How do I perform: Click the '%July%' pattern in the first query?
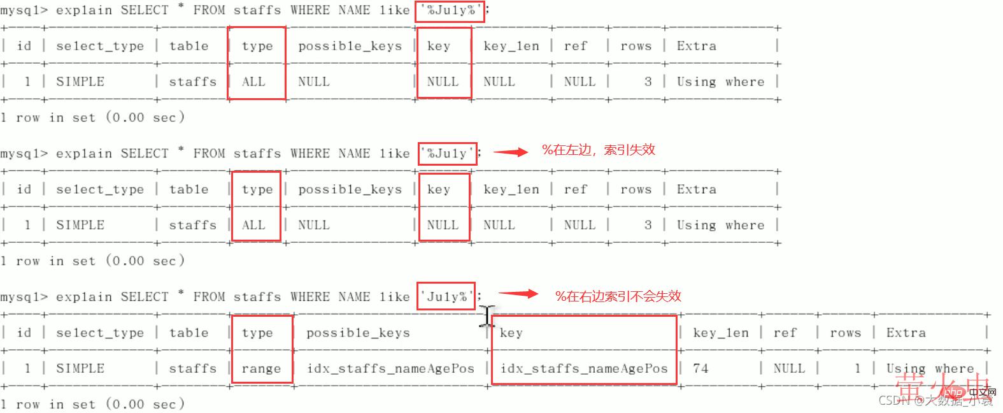tap(450, 11)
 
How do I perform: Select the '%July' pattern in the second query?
tap(447, 154)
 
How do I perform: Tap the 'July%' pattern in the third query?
tap(446, 296)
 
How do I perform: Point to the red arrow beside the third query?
tap(518, 294)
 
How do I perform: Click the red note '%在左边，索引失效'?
tap(598, 150)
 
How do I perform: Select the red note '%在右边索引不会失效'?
tap(618, 296)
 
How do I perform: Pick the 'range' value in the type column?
tap(261, 368)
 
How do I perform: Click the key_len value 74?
tap(700, 368)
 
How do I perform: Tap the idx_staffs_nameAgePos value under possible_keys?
tap(390, 368)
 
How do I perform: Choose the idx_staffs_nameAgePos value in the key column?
tap(584, 368)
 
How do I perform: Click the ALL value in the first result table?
tap(253, 82)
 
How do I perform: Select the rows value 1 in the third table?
tap(857, 368)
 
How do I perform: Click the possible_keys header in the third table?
tap(358, 333)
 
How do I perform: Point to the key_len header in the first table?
tap(511, 46)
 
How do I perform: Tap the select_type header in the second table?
tap(100, 189)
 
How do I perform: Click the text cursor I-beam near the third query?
tap(487, 316)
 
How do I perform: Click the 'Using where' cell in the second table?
tap(720, 225)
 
